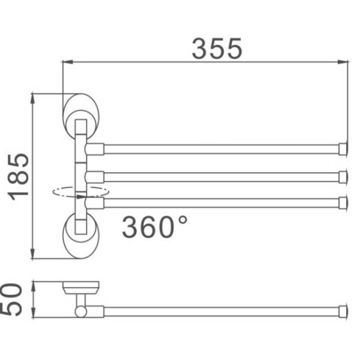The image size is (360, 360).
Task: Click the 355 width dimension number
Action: pyautogui.click(x=217, y=48)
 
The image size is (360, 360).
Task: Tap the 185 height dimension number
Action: pyautogui.click(x=18, y=177)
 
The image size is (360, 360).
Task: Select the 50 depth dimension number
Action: pyautogui.click(x=11, y=300)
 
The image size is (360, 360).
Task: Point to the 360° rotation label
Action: pyautogui.click(x=155, y=227)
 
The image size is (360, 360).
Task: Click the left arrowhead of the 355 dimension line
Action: pyautogui.click(x=68, y=62)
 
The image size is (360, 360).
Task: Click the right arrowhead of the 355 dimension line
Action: pyautogui.click(x=343, y=62)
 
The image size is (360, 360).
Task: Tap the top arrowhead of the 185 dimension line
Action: pyautogui.click(x=33, y=99)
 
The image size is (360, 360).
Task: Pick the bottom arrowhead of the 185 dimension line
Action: pyautogui.click(x=33, y=253)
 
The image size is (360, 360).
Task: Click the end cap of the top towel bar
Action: pyautogui.click(x=343, y=149)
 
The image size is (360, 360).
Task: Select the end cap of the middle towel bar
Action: pyautogui.click(x=343, y=177)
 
